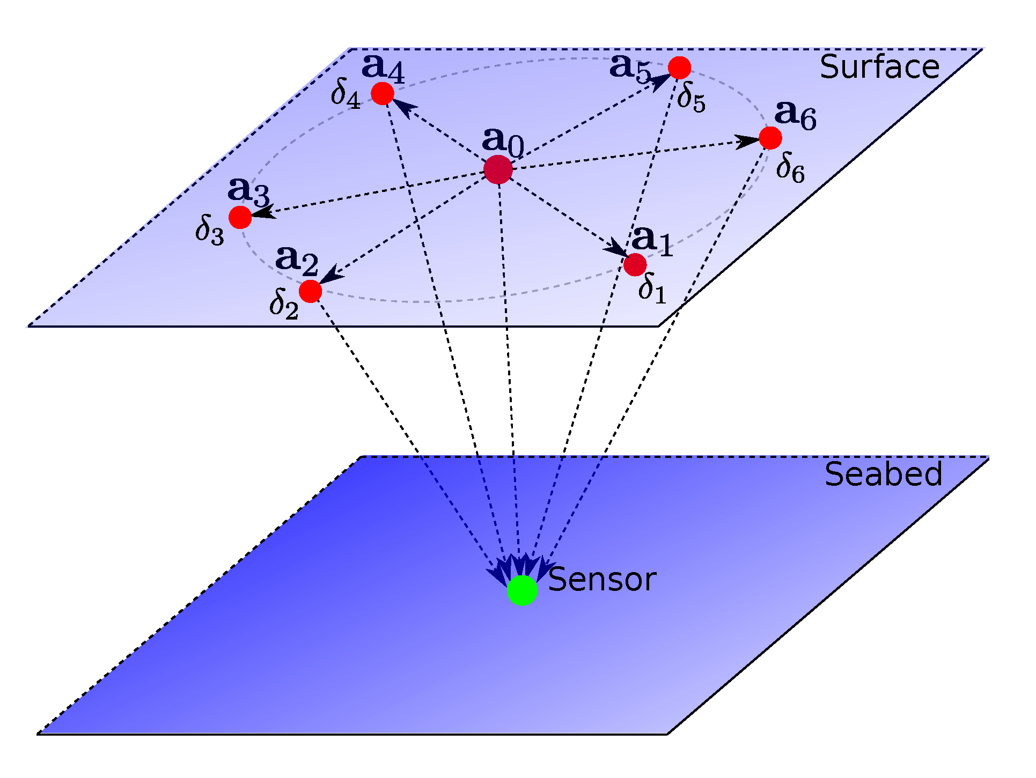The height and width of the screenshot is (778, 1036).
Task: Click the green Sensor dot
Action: click(522, 590)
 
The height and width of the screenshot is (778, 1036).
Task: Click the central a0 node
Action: click(498, 169)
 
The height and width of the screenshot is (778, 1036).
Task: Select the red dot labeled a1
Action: click(635, 264)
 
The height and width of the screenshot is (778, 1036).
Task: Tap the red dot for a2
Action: click(310, 291)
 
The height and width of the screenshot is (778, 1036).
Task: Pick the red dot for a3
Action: click(240, 217)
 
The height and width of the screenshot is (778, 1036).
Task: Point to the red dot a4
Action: click(383, 93)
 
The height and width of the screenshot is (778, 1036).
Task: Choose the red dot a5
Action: click(679, 68)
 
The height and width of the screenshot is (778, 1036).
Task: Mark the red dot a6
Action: click(770, 138)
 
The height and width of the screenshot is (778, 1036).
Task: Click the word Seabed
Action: click(883, 475)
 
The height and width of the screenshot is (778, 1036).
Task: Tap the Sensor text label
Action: click(602, 580)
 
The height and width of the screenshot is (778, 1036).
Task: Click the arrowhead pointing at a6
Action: click(747, 142)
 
